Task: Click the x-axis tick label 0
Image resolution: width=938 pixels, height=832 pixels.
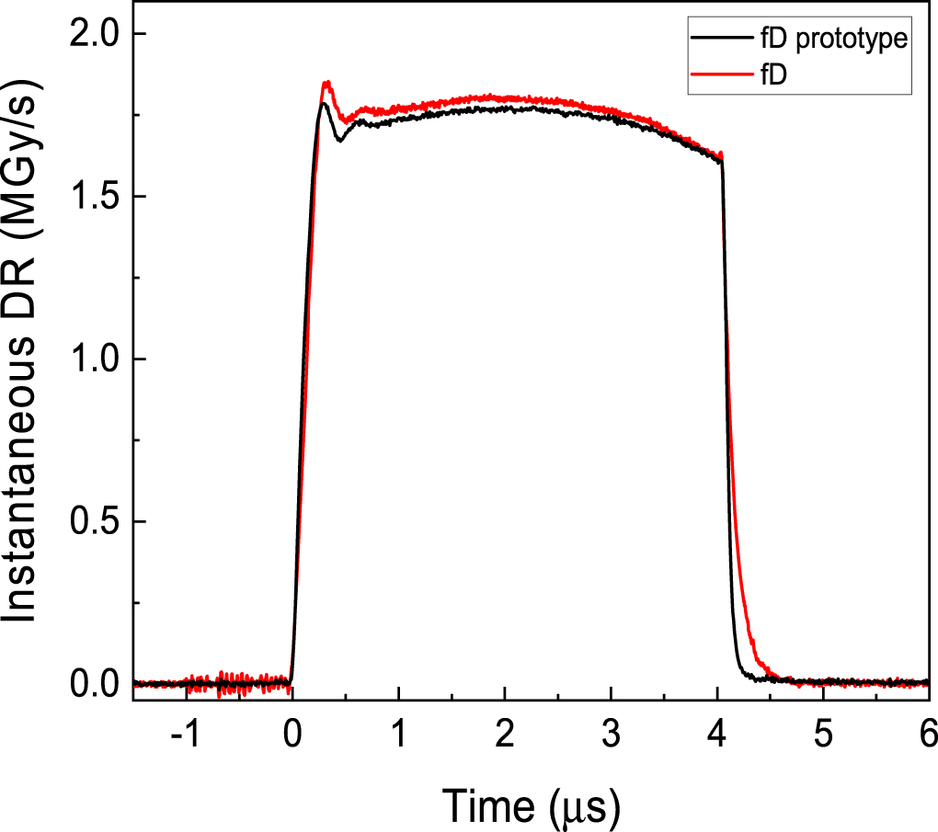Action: point(292,736)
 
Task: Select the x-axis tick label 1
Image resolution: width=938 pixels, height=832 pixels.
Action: point(398,736)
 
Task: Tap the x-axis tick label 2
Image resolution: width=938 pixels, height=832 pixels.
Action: point(504,736)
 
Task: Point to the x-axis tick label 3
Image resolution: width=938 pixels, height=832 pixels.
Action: point(611,736)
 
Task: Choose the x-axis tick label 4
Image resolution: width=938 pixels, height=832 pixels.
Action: point(716,736)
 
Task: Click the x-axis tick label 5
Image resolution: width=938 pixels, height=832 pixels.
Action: point(823,736)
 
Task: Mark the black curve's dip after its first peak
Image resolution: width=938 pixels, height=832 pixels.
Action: point(340,141)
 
